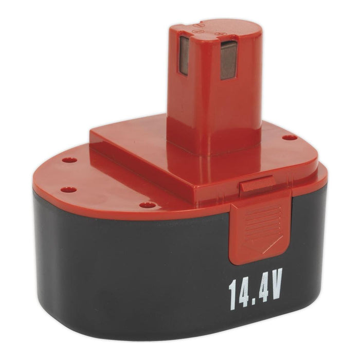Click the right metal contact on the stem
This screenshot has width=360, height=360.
click(x=228, y=60)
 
